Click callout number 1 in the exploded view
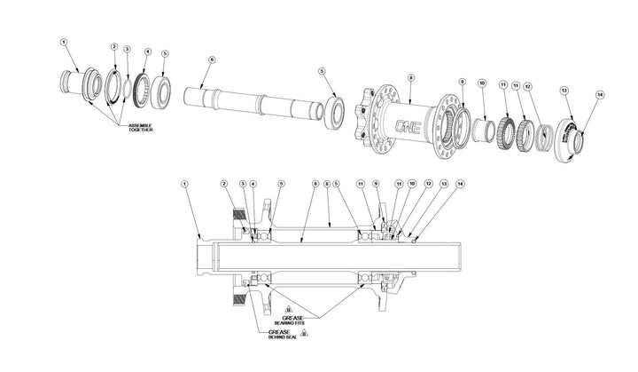coord(64,41)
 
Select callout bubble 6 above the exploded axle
coord(212,59)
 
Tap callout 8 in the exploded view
coord(410,78)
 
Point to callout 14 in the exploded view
coord(599,94)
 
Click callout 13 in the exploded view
coord(564,90)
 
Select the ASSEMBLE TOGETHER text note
coord(139,130)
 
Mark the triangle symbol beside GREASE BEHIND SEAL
coord(305,333)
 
